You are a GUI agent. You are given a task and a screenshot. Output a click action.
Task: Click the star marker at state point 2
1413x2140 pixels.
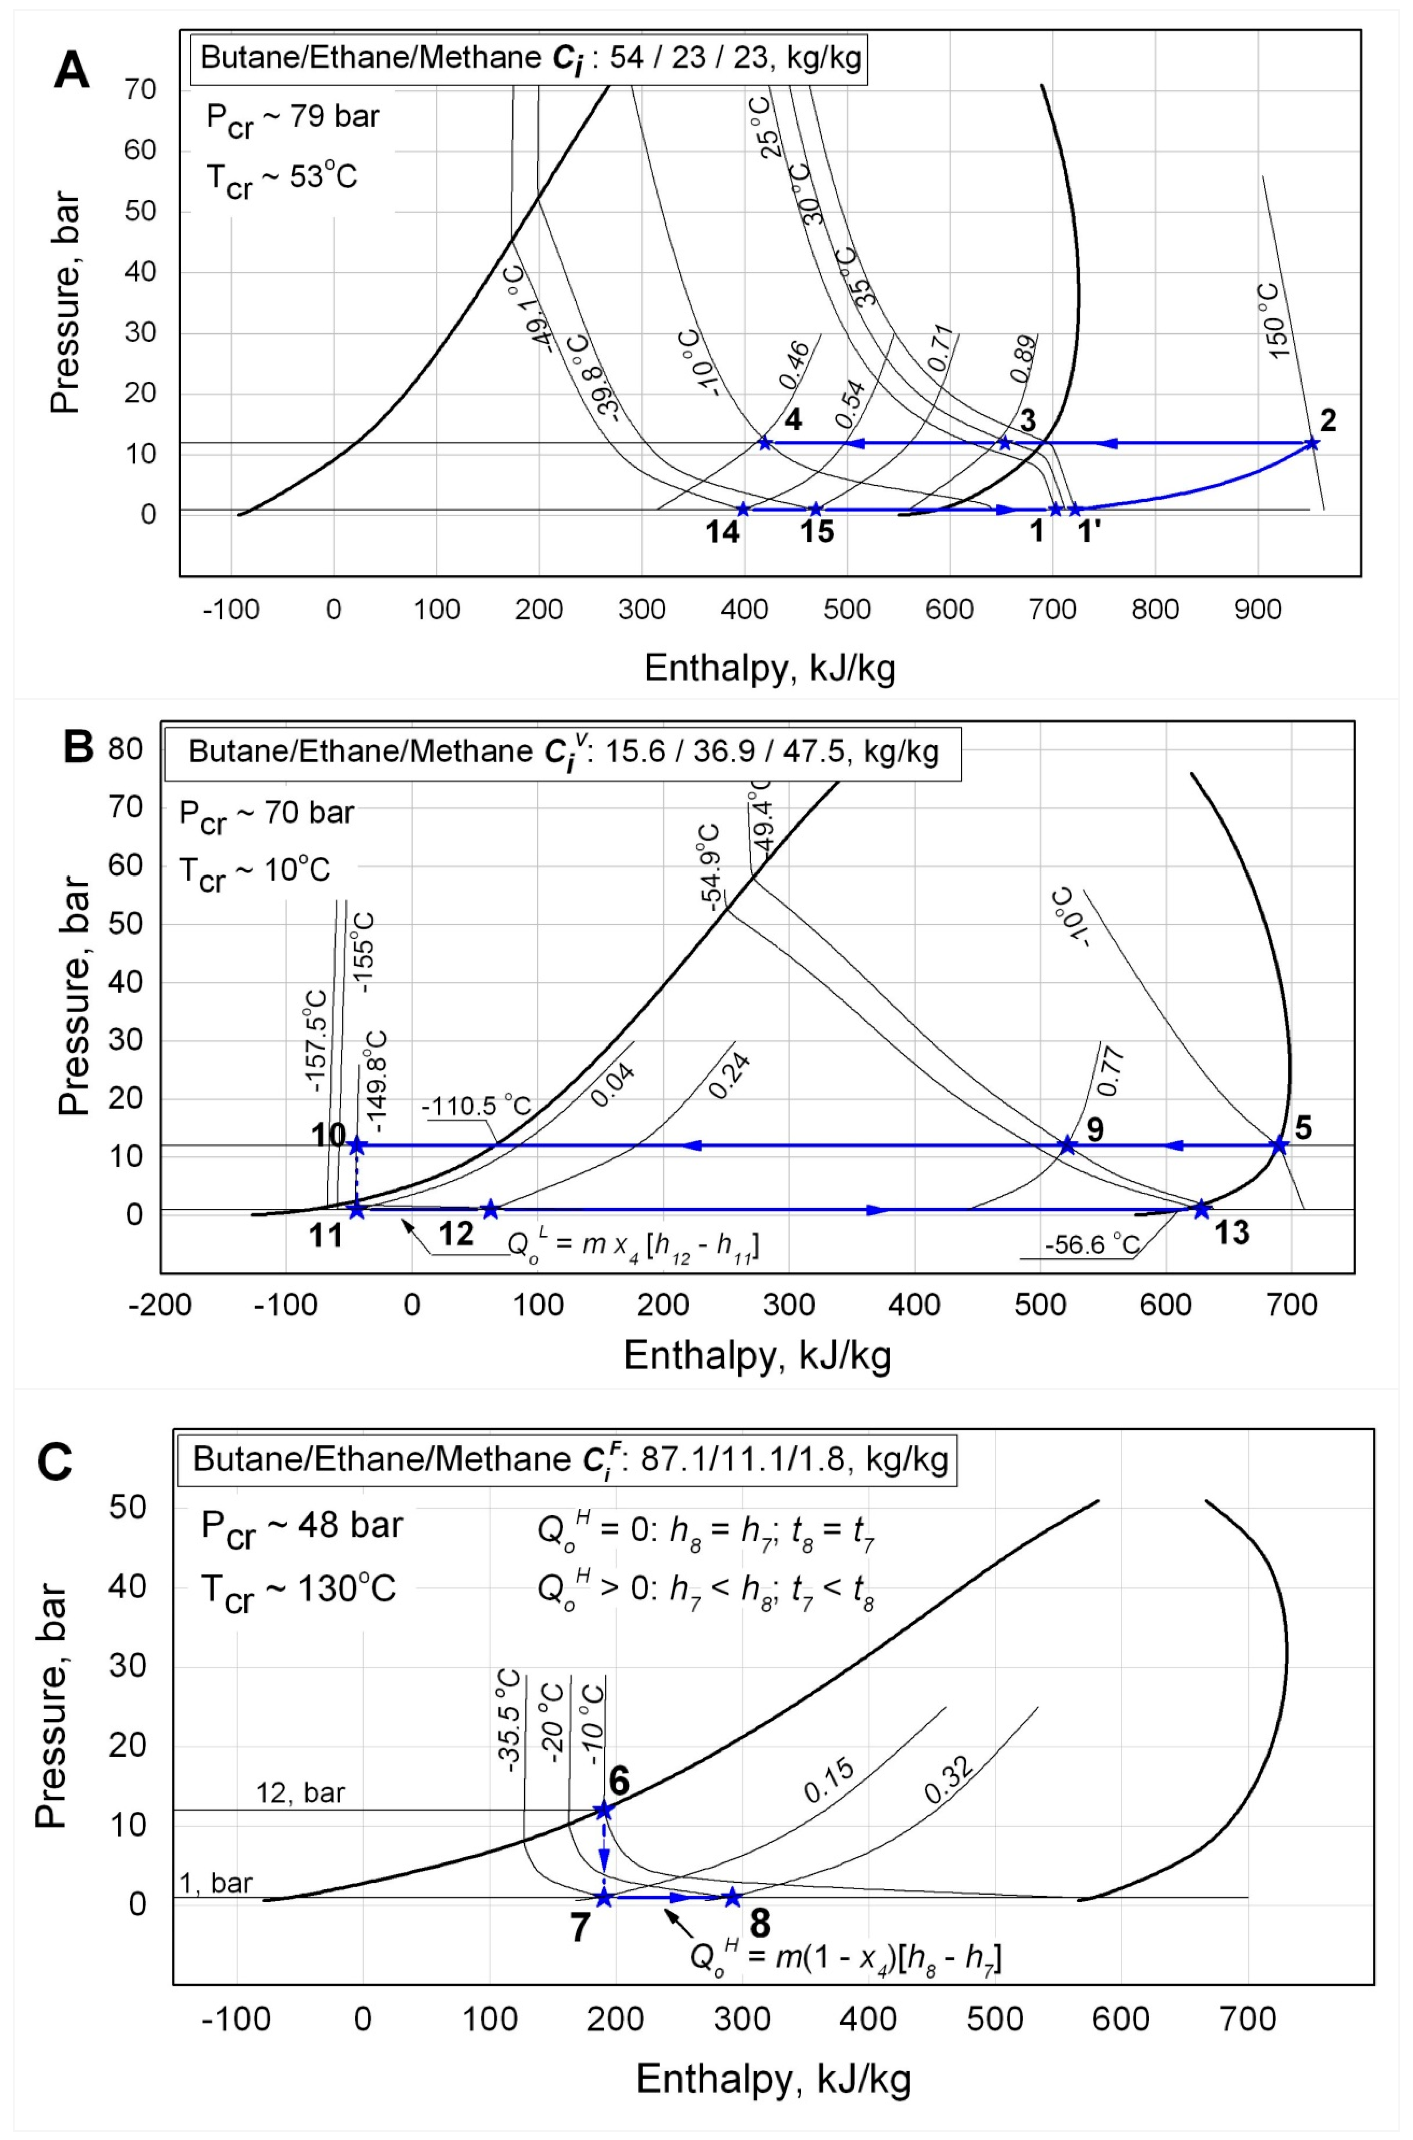point(1312,443)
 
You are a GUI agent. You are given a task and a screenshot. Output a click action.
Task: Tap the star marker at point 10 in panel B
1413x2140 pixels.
point(357,1145)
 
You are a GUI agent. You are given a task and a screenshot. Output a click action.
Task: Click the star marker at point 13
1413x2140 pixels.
point(1201,1209)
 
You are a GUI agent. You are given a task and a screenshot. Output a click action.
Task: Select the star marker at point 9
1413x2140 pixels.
point(1067,1145)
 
